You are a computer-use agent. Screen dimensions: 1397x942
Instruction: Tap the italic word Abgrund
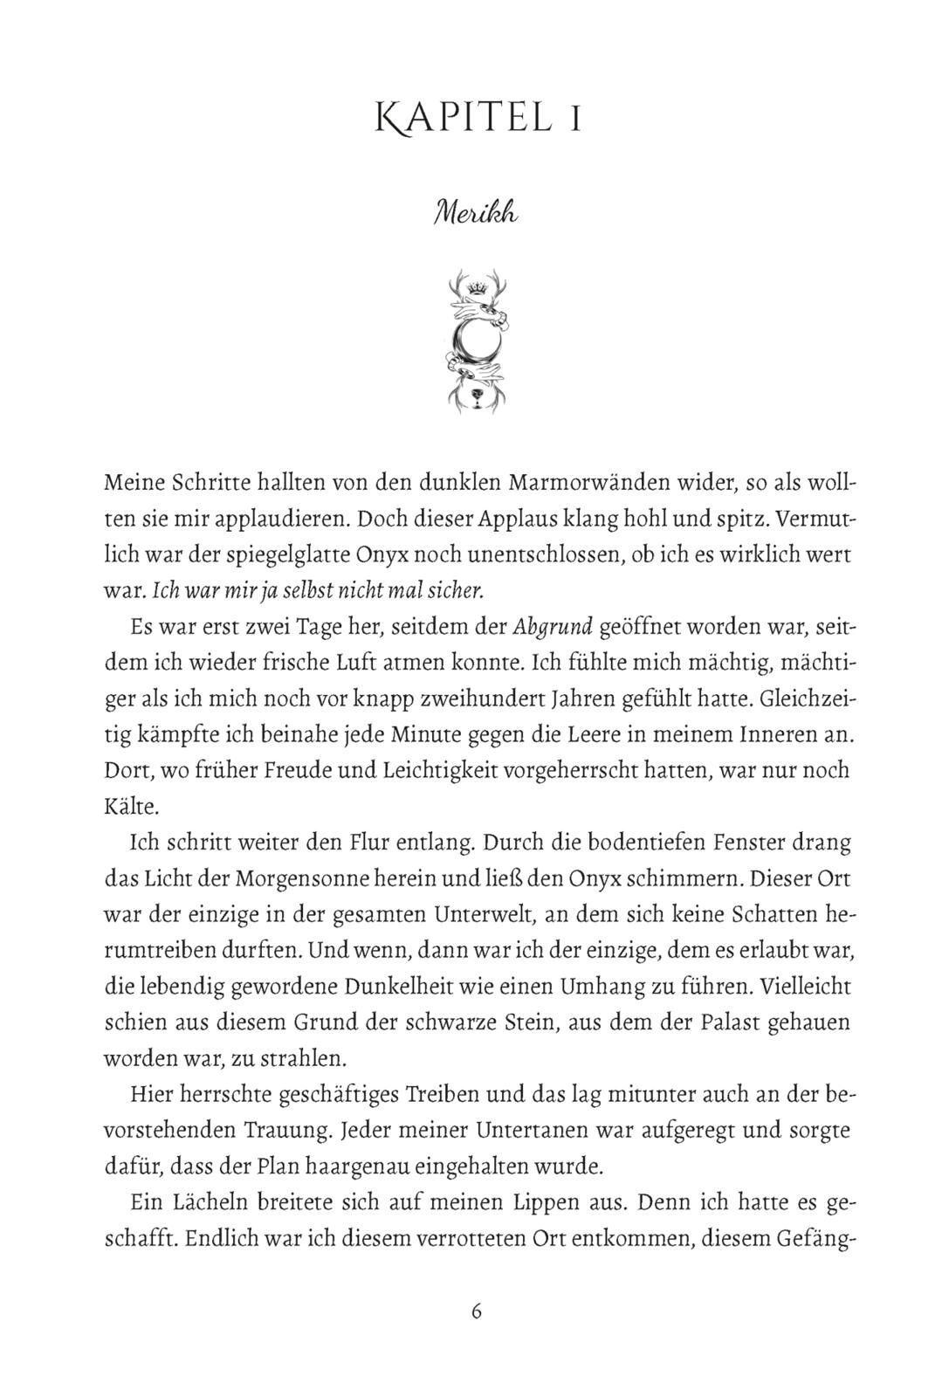coord(554,627)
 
